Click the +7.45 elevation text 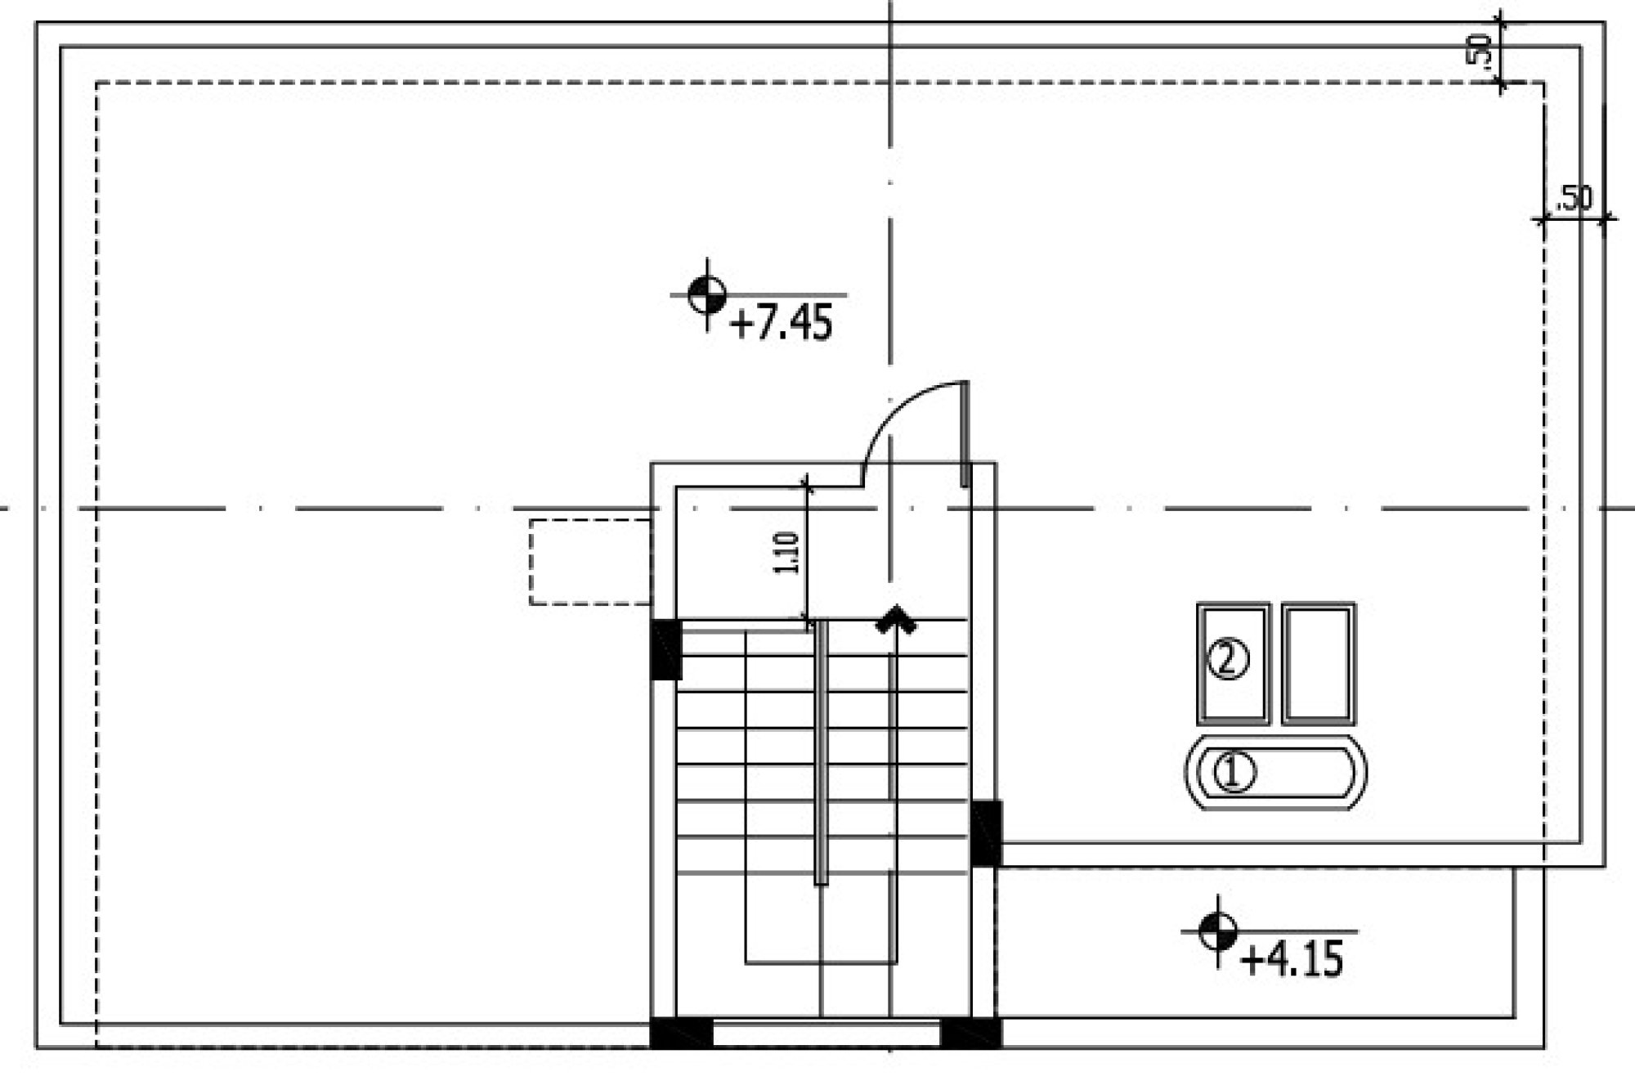click(782, 322)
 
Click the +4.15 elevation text click(1292, 959)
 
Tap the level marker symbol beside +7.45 click(706, 295)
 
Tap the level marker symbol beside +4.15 click(1218, 931)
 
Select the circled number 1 click(1234, 773)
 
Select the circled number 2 click(1228, 659)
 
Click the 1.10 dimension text click(786, 553)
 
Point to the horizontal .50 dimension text click(1574, 199)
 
